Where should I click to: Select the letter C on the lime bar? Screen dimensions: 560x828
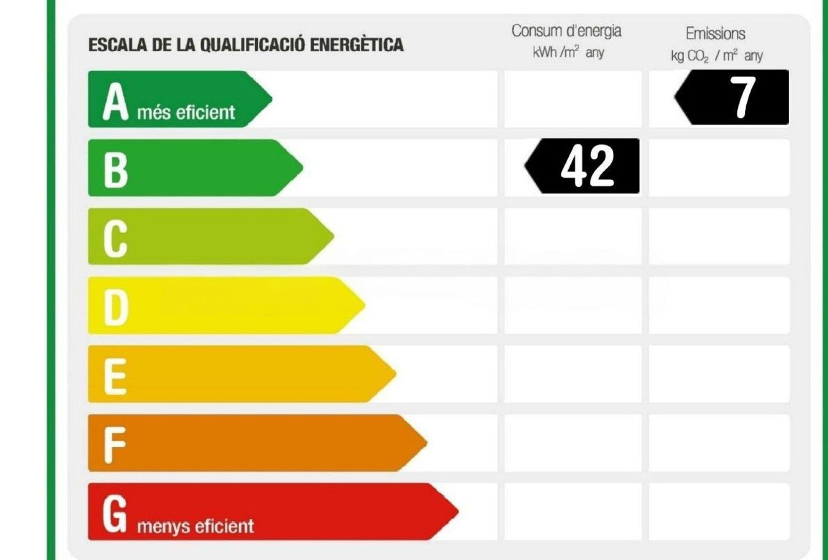click(115, 238)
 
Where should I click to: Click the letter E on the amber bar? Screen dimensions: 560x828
click(115, 376)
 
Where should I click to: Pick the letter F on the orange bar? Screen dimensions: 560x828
click(115, 444)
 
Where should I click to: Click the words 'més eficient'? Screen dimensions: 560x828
click(186, 113)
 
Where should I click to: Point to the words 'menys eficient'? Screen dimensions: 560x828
click(195, 526)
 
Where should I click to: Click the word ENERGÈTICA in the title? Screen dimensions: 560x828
click(356, 45)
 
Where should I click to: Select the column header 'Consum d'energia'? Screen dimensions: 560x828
click(566, 31)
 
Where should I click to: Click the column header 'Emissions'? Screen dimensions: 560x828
click(715, 34)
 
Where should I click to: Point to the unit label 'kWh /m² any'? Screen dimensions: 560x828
click(568, 52)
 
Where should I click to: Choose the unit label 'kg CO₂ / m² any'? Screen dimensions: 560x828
click(716, 56)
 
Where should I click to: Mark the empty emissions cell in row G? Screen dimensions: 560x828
click(719, 511)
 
